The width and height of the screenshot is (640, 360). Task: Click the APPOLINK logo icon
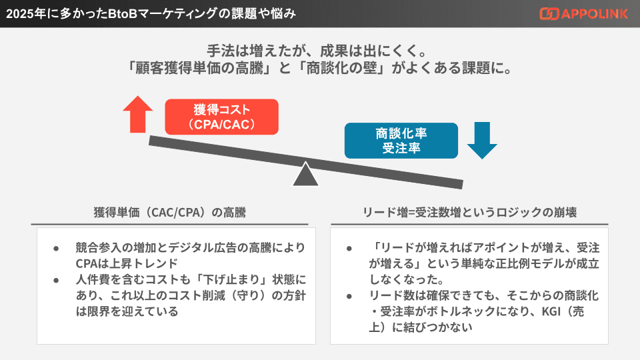click(x=549, y=13)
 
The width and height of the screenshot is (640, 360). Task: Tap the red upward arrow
click(x=138, y=113)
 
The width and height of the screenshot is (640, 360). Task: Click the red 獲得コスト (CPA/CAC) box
click(x=221, y=117)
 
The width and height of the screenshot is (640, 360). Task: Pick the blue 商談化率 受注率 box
click(x=401, y=140)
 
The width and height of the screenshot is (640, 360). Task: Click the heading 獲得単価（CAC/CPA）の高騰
click(x=170, y=213)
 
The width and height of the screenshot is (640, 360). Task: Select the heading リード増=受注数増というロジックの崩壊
click(x=469, y=213)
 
